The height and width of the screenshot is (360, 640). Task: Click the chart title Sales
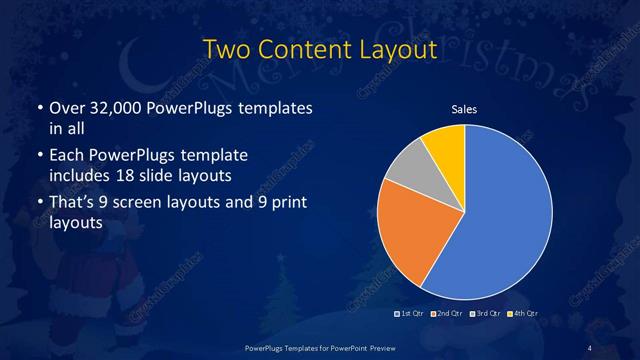(x=465, y=109)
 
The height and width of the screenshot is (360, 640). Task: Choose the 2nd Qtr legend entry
(x=449, y=314)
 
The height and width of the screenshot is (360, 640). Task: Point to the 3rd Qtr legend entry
(x=486, y=314)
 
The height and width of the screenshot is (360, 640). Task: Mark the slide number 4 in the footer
(x=591, y=346)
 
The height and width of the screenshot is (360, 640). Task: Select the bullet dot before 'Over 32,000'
(x=38, y=108)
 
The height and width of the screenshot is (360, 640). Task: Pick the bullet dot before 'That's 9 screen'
(x=38, y=204)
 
